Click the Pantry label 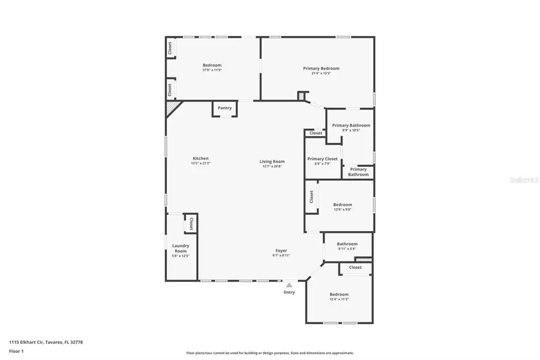click(224, 108)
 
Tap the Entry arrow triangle click(289, 285)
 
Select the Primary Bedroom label click(320, 68)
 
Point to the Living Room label click(272, 161)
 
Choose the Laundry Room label click(181, 247)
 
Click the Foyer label click(281, 250)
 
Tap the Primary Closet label click(322, 159)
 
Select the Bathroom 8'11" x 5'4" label click(347, 244)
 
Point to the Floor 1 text click(16, 351)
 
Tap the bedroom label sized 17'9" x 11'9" click(212, 65)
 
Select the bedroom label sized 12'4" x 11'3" click(339, 294)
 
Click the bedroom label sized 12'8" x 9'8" click(343, 205)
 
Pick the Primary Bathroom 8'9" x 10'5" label click(351, 125)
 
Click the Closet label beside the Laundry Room click(191, 224)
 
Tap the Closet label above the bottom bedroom click(355, 268)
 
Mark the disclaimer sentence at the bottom click(269, 353)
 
